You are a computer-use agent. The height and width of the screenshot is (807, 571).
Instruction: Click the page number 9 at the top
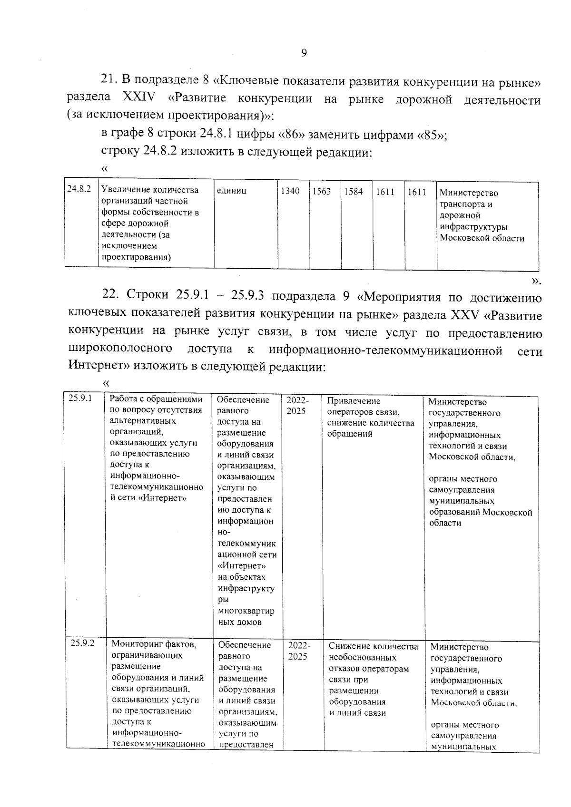click(304, 53)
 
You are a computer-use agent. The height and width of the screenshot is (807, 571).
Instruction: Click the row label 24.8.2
click(79, 189)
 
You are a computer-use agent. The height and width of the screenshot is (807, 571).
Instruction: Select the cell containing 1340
click(290, 192)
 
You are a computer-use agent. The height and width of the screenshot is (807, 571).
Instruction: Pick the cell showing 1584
click(353, 192)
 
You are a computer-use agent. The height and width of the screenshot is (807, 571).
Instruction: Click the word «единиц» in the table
click(231, 191)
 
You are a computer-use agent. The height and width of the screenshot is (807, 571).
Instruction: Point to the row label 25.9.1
click(80, 399)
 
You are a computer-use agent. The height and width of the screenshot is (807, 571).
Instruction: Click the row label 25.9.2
click(82, 643)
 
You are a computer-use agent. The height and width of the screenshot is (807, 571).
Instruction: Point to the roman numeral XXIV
click(139, 97)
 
